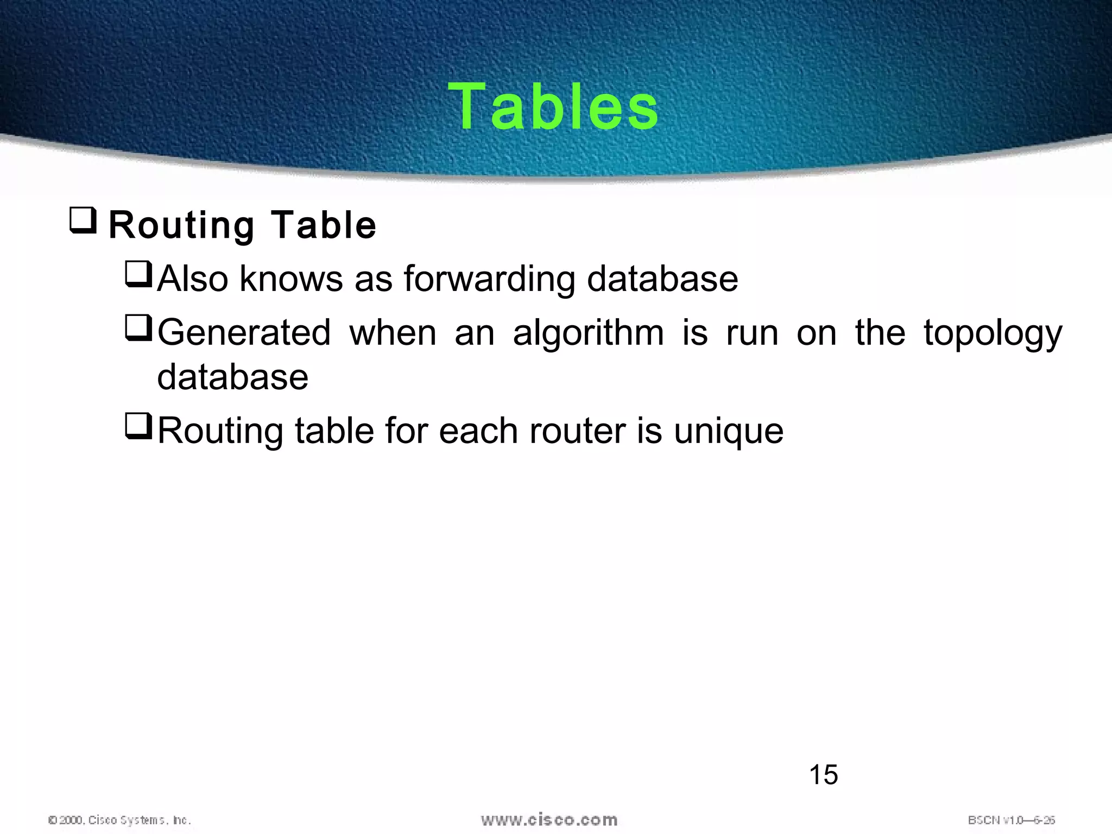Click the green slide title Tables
(553, 106)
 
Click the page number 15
(823, 774)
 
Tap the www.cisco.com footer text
(549, 819)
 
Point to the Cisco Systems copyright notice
(119, 820)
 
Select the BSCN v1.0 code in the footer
(1011, 820)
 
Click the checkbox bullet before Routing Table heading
(83, 220)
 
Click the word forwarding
(489, 279)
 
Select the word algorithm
(589, 332)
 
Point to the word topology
(993, 333)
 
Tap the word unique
(729, 431)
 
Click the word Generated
(244, 332)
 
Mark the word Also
(193, 279)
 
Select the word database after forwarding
(662, 279)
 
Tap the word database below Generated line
(232, 377)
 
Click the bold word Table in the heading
(323, 225)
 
